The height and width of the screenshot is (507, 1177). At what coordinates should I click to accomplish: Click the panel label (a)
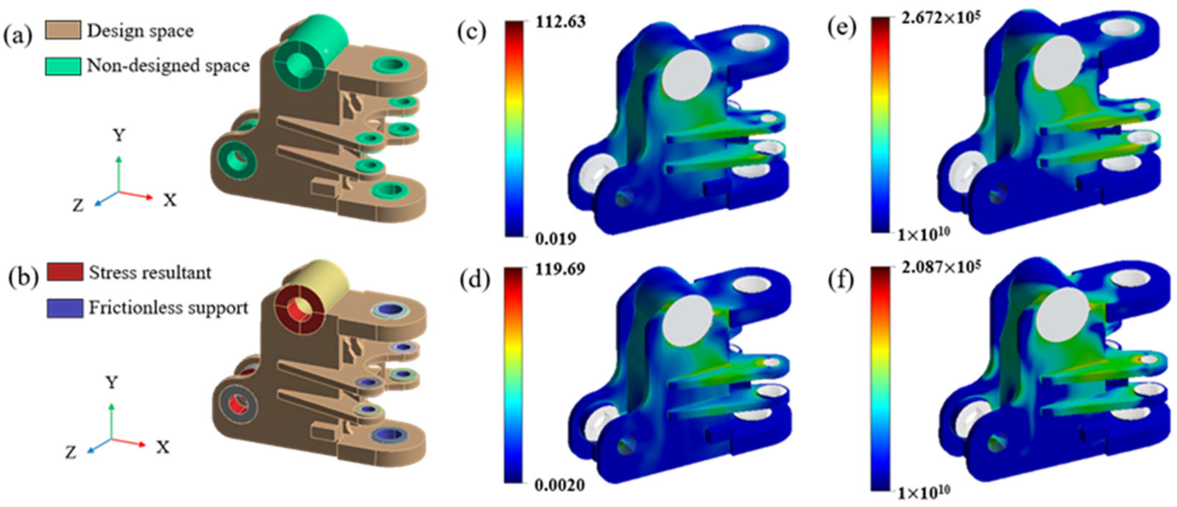click(18, 36)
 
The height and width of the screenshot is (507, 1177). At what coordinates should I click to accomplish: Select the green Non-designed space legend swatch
click(63, 66)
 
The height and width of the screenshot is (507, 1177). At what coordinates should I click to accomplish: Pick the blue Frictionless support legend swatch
click(65, 308)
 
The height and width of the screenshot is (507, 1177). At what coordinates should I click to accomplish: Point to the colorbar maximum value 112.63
click(560, 22)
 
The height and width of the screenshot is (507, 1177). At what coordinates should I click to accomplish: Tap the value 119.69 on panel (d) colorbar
click(560, 269)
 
